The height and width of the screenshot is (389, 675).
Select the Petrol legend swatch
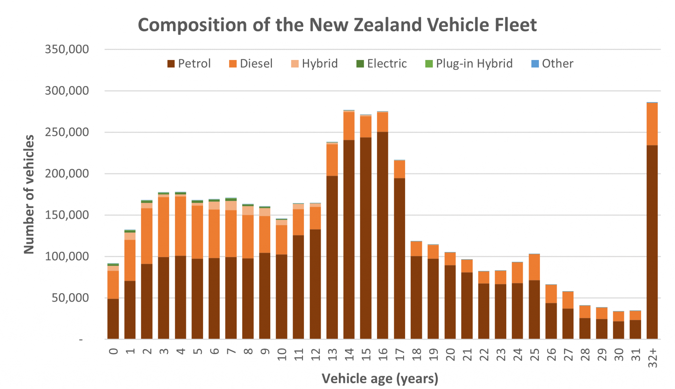(171, 64)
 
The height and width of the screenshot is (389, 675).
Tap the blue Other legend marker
(535, 64)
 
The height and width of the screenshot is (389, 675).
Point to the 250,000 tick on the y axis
(67, 132)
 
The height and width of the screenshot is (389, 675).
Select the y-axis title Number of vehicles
(29, 194)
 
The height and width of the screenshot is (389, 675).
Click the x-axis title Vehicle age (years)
(380, 378)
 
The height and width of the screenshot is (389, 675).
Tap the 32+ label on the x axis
(652, 358)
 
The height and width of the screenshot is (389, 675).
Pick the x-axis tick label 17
(399, 355)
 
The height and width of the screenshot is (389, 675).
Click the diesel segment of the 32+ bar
(652, 124)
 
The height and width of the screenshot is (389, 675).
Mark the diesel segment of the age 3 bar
(163, 227)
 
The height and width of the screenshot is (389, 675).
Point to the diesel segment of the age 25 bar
(534, 267)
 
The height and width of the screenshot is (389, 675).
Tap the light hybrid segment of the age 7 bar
(231, 206)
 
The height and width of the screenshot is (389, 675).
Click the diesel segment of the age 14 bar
(349, 126)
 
